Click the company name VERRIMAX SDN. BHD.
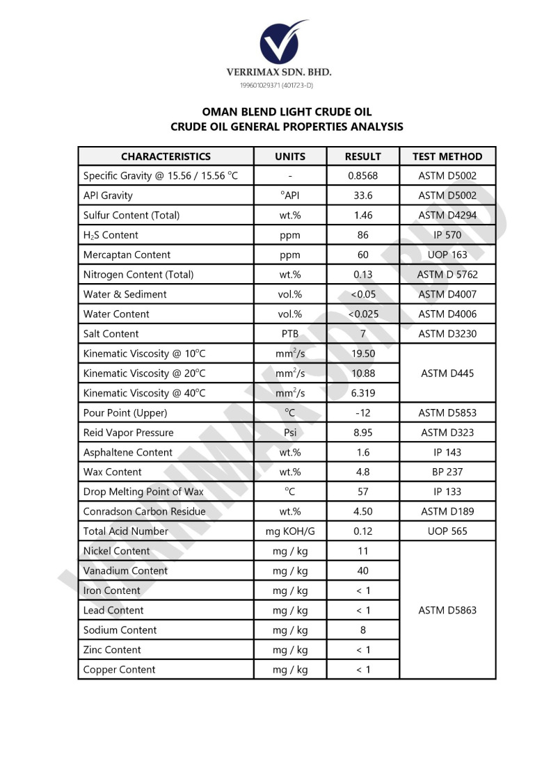pyautogui.click(x=279, y=72)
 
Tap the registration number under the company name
pyautogui.click(x=276, y=85)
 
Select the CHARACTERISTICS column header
pyautogui.click(x=166, y=156)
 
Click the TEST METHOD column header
pyautogui.click(x=447, y=156)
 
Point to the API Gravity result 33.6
pyautogui.click(x=363, y=195)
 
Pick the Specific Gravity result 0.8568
pyautogui.click(x=363, y=176)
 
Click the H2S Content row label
pyautogui.click(x=111, y=235)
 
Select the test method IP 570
pyautogui.click(x=447, y=235)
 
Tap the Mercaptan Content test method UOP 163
pyautogui.click(x=447, y=255)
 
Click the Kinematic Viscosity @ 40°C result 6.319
pyautogui.click(x=363, y=393)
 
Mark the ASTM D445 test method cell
pyautogui.click(x=447, y=374)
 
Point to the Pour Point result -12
pyautogui.click(x=363, y=412)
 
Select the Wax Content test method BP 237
pyautogui.click(x=447, y=472)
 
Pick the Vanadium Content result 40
pyautogui.click(x=363, y=571)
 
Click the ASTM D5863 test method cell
pyautogui.click(x=447, y=611)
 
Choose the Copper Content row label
pyautogui.click(x=120, y=670)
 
